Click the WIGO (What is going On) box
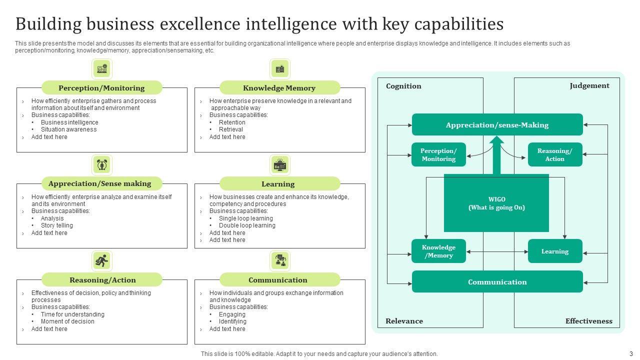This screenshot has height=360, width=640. tap(496, 203)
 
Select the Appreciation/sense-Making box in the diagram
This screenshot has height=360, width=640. tap(497, 125)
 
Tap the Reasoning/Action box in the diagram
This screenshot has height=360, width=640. tap(554, 155)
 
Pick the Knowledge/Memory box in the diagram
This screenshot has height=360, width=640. tap(438, 251)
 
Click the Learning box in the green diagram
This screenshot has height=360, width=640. tap(554, 251)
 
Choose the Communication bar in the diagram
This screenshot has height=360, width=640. tap(497, 282)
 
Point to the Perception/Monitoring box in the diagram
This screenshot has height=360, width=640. tap(438, 155)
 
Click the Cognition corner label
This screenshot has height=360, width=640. tap(403, 86)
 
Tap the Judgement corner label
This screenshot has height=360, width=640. tap(589, 85)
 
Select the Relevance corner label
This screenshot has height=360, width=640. tap(404, 321)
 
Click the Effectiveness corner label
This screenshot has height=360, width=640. tap(588, 321)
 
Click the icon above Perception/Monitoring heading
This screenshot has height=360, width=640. tap(102, 68)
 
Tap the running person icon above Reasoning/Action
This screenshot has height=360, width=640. tap(102, 260)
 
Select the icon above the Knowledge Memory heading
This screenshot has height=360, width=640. tap(280, 68)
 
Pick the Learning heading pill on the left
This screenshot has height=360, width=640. tap(278, 184)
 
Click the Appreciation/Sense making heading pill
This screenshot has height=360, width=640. tap(100, 183)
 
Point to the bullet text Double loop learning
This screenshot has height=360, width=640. tap(247, 225)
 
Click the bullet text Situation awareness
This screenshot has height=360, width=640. tap(69, 129)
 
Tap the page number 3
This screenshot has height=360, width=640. tap(631, 353)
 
